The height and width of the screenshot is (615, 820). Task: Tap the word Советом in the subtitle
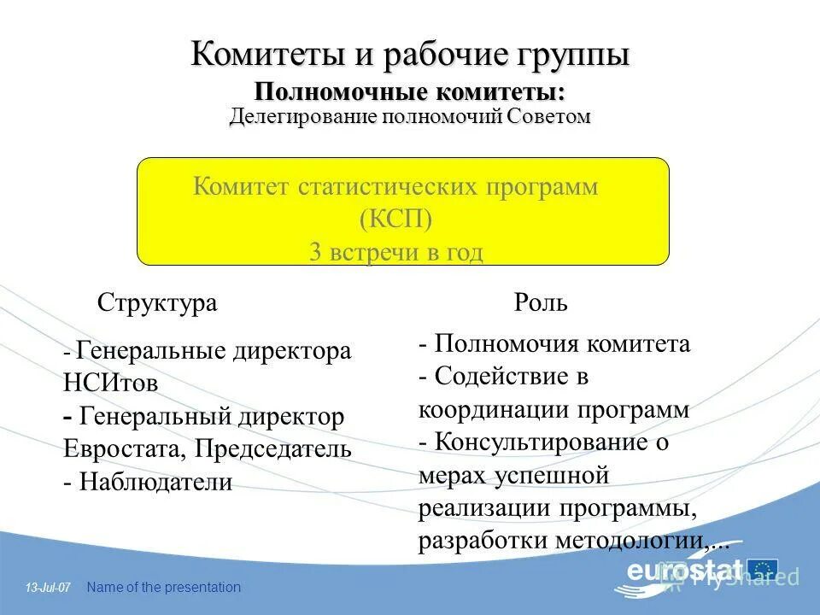[x=548, y=116]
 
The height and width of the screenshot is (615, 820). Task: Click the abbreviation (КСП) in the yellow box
[x=396, y=220]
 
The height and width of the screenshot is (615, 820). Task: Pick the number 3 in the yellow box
[x=316, y=252]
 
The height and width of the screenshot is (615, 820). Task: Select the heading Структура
[x=157, y=302]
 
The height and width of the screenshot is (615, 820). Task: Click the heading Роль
[x=541, y=302]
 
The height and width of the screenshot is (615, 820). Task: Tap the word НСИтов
[x=110, y=384]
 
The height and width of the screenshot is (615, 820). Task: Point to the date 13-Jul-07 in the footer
[x=48, y=588]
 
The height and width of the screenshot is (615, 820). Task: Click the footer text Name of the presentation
[x=164, y=588]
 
